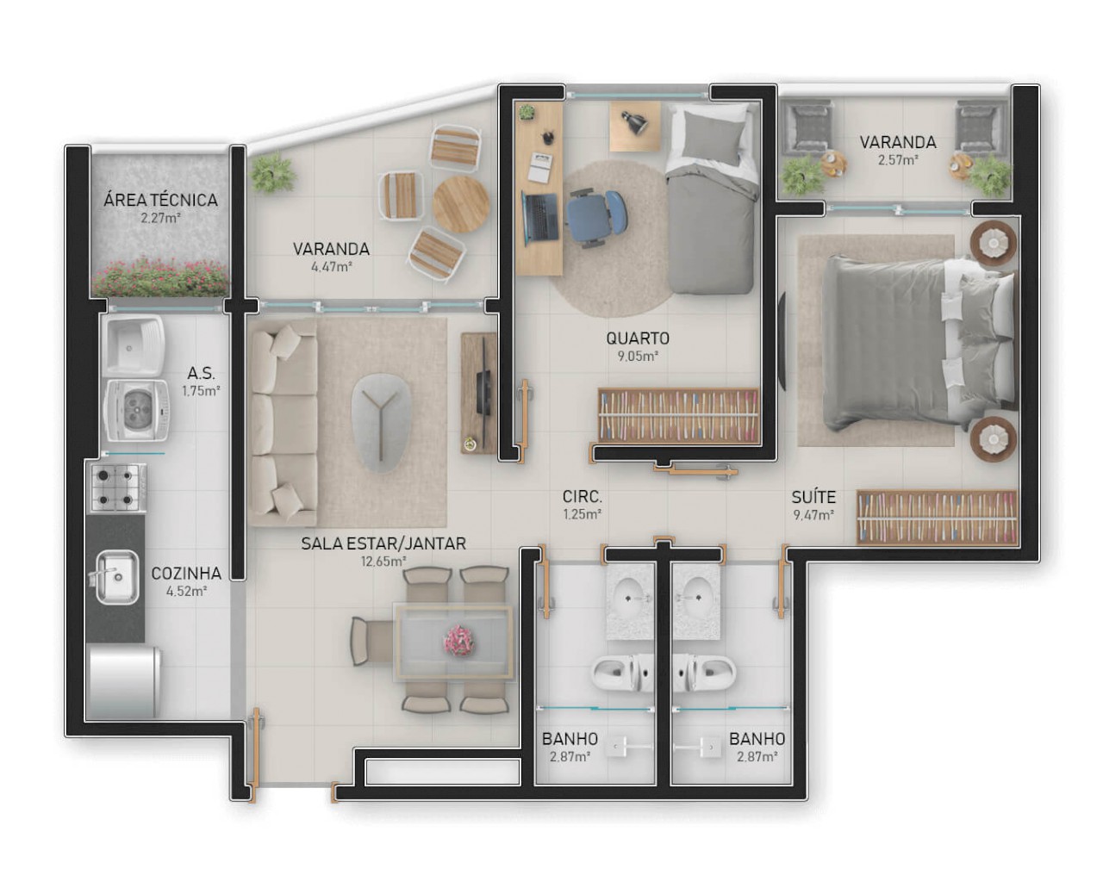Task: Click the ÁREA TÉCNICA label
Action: pos(160,200)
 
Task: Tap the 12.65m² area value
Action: pos(383,562)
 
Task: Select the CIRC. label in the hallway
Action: pos(582,497)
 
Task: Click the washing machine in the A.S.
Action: pos(134,411)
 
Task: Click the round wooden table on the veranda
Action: pos(461,204)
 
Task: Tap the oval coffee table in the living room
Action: pos(379,421)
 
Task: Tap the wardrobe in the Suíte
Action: pos(936,517)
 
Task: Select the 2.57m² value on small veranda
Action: pos(897,160)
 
